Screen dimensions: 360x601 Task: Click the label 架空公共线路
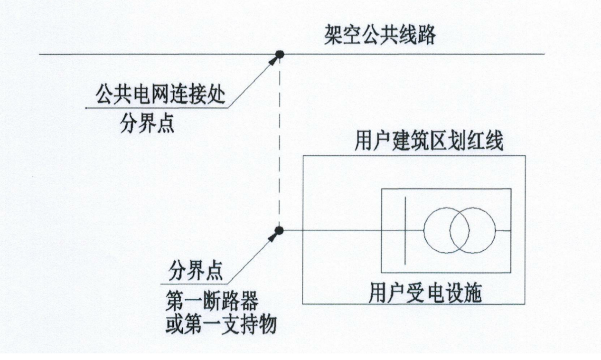pos(379,35)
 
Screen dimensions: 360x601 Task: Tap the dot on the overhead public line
pos(280,54)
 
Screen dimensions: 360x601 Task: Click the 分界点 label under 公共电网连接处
pos(147,124)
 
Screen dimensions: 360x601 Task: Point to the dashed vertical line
pos(280,142)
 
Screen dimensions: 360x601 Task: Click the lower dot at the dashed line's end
pos(279,230)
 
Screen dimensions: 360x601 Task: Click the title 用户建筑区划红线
pos(429,142)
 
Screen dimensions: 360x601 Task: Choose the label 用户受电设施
pos(425,294)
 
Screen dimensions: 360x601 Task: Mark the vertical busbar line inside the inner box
pos(405,230)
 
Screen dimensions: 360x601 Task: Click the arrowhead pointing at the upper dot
pos(274,60)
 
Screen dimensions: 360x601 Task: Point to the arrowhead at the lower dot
pos(273,236)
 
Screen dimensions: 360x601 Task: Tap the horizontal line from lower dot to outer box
pos(292,230)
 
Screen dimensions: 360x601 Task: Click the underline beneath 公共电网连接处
pos(157,108)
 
